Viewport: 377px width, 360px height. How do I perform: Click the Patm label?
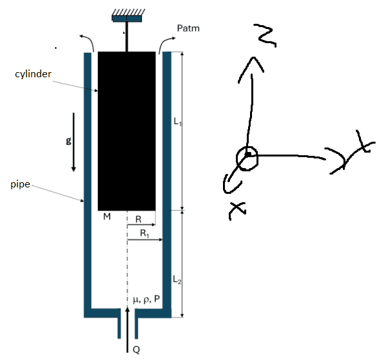coord(188,28)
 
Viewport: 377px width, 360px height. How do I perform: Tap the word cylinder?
coord(33,74)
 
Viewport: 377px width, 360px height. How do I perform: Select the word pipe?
coord(20,185)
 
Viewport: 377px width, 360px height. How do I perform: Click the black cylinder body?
coord(127,131)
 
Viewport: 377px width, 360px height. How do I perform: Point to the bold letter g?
coord(68,140)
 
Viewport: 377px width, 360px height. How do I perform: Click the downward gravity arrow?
coord(73,142)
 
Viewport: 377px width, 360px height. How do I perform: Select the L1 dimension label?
coord(177,122)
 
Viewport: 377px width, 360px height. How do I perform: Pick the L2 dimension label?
coord(177,279)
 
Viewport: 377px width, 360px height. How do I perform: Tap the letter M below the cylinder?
coord(107,216)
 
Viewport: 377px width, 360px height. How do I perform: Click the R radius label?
coord(139,219)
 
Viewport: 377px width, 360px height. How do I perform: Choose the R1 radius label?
coord(144,233)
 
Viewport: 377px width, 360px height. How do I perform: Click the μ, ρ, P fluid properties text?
coord(146,299)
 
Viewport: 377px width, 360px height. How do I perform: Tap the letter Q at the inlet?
coord(137,350)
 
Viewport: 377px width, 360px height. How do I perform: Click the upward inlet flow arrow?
coord(128,330)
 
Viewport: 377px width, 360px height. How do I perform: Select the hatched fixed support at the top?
coord(127,15)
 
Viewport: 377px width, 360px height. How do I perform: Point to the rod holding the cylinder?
coord(127,37)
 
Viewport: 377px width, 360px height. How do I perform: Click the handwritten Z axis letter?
coord(266,35)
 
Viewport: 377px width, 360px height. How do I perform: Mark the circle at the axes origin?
coord(247,158)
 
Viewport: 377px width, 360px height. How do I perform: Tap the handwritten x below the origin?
coord(237,211)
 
